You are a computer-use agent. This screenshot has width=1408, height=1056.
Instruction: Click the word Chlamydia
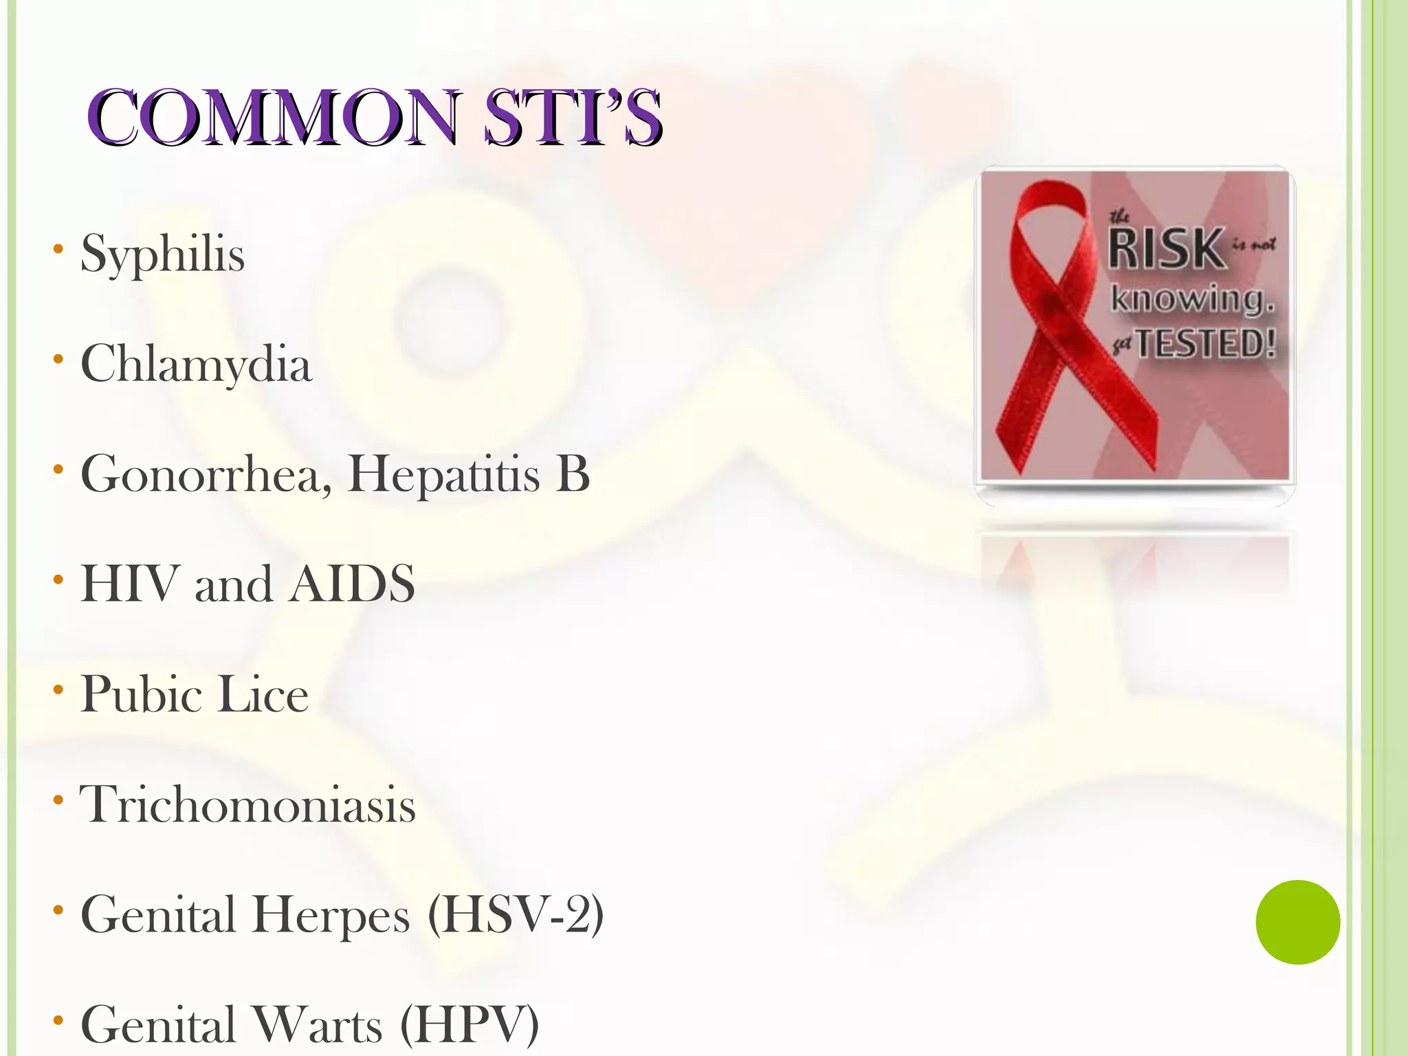pos(196,364)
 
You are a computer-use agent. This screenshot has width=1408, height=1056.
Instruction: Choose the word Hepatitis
pos(444,474)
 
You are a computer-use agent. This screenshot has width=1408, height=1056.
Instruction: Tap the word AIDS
pos(351,584)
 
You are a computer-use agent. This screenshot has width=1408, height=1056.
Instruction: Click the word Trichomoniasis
pos(247,804)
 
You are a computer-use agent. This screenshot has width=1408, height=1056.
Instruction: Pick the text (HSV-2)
pos(515,914)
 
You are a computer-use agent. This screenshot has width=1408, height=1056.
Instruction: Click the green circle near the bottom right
pos(1297,922)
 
